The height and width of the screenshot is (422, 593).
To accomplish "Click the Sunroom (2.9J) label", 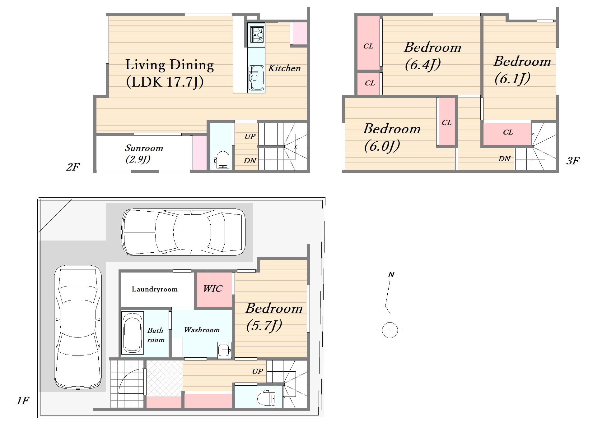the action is point(144,154).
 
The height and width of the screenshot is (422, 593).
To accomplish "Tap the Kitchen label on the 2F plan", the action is point(284,68).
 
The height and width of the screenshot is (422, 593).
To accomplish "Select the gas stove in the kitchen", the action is point(257,34).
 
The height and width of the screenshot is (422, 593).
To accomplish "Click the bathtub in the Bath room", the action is point(132,333).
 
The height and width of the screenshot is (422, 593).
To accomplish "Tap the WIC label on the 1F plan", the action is point(213,288).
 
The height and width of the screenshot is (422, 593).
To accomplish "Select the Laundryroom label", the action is point(155,289).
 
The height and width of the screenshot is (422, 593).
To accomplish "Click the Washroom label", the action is point(202,330).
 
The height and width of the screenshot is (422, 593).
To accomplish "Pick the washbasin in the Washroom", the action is point(224,350).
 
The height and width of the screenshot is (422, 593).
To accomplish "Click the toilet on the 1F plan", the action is point(266,398).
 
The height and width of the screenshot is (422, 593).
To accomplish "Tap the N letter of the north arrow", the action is point(391,274).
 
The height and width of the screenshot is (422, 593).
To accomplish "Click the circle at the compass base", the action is point(390,330).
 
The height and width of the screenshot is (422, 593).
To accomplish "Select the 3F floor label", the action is point(573,161).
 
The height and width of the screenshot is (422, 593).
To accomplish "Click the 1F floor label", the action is point(23,401).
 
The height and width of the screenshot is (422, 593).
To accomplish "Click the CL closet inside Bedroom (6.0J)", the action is point(447,122).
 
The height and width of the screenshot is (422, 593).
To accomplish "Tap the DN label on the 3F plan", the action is point(504,158).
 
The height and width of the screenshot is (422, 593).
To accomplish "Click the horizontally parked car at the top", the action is point(184,232).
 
